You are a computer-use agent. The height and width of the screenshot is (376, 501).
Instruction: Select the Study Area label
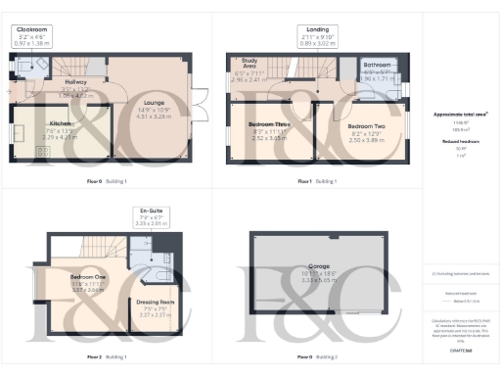tap(250, 66)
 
